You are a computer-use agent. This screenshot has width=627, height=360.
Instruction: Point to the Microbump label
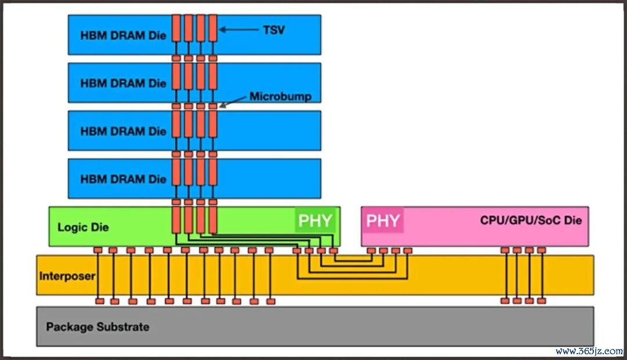280,97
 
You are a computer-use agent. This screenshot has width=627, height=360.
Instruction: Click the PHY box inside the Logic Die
315,221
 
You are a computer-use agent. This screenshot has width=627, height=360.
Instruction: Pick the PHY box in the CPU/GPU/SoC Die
383,221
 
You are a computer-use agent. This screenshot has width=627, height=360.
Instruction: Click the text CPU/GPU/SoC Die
531,221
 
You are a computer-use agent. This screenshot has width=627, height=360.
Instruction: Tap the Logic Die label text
83,227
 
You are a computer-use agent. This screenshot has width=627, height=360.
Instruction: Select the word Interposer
67,275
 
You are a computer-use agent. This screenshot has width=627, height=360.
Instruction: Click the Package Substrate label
98,327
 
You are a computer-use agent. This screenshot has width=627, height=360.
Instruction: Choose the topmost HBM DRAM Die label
123,35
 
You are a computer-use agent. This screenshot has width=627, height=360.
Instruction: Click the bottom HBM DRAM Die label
123,179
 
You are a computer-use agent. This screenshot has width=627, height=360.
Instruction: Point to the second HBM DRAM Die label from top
123,83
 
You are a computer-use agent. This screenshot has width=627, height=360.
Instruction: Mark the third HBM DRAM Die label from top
123,131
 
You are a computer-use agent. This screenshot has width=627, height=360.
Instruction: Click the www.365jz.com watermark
588,351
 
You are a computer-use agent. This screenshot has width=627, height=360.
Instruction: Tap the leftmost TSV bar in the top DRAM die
176,28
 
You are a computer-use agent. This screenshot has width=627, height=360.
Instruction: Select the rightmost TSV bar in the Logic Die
212,219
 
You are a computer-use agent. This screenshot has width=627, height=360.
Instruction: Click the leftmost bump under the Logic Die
98,250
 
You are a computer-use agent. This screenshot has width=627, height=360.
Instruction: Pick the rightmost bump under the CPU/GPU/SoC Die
541,250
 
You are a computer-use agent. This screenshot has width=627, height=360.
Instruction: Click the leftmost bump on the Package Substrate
100,301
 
